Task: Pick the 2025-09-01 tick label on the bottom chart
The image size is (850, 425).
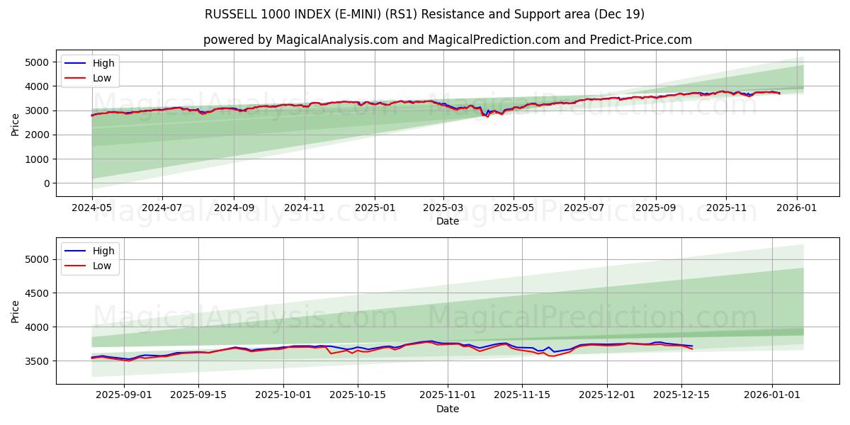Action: pyautogui.click(x=124, y=395)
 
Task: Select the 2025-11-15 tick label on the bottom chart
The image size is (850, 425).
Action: pyautogui.click(x=522, y=395)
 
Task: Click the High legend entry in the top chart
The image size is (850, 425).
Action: pyautogui.click(x=103, y=63)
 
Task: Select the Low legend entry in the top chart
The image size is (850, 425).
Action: pyautogui.click(x=102, y=78)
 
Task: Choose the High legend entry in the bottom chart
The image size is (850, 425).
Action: pyautogui.click(x=103, y=251)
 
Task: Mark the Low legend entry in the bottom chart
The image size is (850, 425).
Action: pyautogui.click(x=102, y=266)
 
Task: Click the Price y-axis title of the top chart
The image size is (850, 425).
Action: pyautogui.click(x=16, y=124)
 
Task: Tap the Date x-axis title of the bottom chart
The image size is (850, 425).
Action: pyautogui.click(x=447, y=409)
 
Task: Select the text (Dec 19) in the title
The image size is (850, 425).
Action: pyautogui.click(x=619, y=14)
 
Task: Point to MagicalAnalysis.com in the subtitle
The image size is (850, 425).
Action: pyautogui.click(x=327, y=40)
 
